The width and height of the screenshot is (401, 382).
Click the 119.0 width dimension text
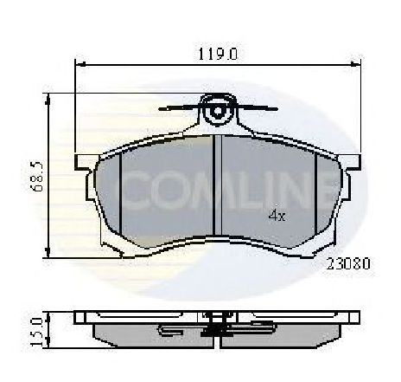218,54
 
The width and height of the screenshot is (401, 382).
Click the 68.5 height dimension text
37,176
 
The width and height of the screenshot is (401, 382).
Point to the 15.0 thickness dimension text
36,332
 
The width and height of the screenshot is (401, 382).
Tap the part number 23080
348,263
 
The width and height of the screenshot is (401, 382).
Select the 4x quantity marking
277,215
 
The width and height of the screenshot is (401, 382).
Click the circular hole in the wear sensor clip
218,111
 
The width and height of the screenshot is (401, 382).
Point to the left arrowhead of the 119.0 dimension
80,64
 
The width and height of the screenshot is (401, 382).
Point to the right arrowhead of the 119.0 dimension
355,64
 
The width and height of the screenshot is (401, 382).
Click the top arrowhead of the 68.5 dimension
48,99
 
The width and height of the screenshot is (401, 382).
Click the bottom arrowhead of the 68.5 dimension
48,252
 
